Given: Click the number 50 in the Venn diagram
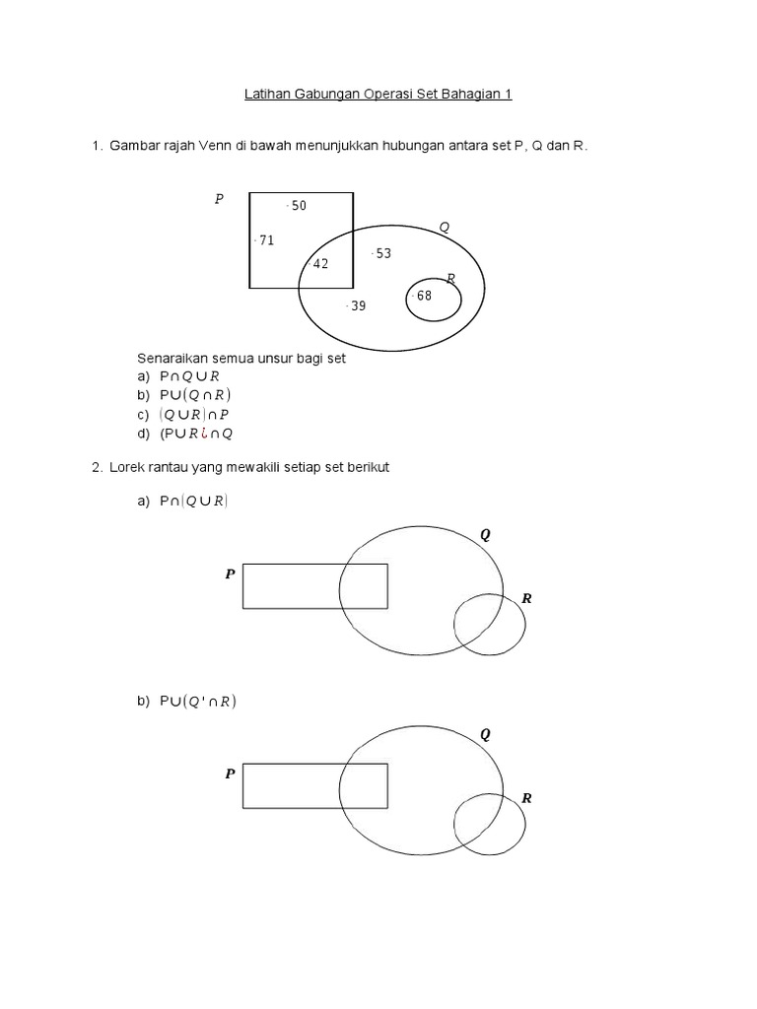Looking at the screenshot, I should (x=299, y=206).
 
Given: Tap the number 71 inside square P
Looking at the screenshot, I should (x=266, y=240).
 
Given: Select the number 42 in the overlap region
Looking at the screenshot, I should (x=320, y=264).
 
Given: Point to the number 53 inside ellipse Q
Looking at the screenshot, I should (x=383, y=253).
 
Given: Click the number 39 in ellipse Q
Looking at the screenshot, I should (x=358, y=306).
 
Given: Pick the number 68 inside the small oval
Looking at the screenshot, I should (x=424, y=296).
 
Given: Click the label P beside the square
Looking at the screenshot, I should (x=219, y=199).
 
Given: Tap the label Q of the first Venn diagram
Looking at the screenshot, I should (x=445, y=227).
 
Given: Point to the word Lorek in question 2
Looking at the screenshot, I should (x=127, y=467).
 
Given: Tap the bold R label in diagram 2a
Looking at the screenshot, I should (x=526, y=598).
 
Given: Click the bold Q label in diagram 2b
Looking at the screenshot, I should (x=485, y=734).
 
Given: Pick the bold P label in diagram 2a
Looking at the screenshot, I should (x=230, y=573).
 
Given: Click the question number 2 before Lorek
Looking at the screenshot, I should (x=97, y=467).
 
